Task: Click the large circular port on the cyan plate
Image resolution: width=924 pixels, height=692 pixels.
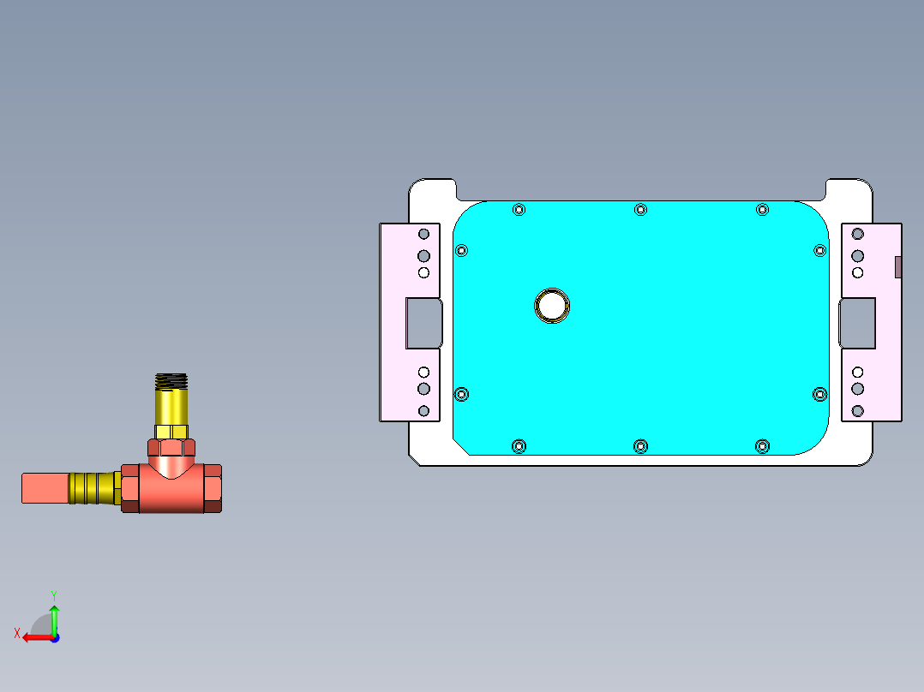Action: (x=552, y=305)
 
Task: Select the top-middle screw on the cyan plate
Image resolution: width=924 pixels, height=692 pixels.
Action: (x=640, y=210)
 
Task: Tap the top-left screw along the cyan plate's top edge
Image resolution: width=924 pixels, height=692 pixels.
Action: (x=519, y=210)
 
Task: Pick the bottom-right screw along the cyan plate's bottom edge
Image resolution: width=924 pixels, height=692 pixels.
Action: (x=762, y=445)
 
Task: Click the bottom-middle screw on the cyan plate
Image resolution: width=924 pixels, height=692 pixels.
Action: (x=640, y=445)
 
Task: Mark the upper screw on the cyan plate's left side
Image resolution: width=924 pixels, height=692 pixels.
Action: (x=462, y=250)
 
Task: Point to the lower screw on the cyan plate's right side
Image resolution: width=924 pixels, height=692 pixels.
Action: (x=819, y=394)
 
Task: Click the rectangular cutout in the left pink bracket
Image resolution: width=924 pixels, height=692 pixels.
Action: (x=423, y=323)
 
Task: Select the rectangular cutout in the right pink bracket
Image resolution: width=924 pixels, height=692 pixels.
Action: (x=858, y=323)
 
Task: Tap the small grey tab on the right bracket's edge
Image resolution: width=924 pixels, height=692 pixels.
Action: (x=897, y=267)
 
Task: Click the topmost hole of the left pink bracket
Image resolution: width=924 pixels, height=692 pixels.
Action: (x=423, y=234)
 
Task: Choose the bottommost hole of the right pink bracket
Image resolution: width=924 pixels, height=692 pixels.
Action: (x=858, y=411)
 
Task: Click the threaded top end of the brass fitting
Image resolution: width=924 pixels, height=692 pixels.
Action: (x=171, y=380)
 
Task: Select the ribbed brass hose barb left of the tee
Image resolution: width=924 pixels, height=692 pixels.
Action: (x=93, y=488)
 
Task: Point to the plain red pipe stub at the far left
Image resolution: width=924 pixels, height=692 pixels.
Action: (x=45, y=488)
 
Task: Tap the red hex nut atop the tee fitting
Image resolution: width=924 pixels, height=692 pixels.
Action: (x=171, y=447)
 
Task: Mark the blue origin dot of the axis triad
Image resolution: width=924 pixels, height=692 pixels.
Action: (x=54, y=637)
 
